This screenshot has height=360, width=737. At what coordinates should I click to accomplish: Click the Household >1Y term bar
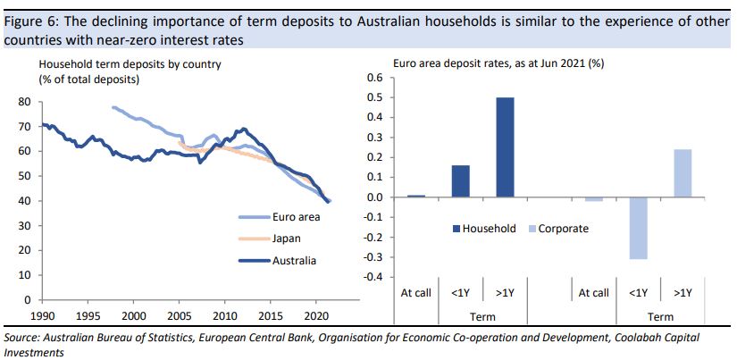(505, 147)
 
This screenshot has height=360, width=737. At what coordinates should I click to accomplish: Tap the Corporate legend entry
(563, 229)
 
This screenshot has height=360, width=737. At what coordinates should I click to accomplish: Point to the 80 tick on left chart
(24, 102)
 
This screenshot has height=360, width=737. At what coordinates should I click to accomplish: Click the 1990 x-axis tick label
(42, 317)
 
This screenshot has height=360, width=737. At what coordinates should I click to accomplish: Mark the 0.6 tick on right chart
(374, 78)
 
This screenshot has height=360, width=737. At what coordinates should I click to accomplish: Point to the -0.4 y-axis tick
(372, 277)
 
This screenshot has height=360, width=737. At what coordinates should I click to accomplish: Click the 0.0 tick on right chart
(374, 197)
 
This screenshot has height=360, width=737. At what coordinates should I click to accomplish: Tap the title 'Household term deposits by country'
(130, 64)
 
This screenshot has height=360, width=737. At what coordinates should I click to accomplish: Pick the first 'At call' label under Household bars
(415, 293)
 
